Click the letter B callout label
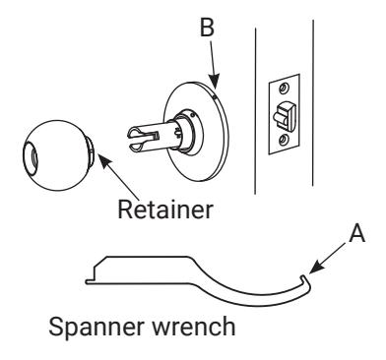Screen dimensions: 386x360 point(207,28)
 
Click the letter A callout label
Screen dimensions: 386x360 point(357,233)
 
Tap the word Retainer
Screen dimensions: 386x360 point(165,210)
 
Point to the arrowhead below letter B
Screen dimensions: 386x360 point(214,82)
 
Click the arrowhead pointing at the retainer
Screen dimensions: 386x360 point(104,161)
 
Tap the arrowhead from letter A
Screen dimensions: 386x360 point(315,267)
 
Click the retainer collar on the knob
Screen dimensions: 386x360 point(91,151)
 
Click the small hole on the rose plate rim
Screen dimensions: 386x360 point(214,97)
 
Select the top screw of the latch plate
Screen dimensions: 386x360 point(283,88)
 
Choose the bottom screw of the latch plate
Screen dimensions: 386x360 point(283,141)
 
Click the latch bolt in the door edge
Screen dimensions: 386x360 point(285,115)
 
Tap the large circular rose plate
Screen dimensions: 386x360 point(196,131)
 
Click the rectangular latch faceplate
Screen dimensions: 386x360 point(285,114)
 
